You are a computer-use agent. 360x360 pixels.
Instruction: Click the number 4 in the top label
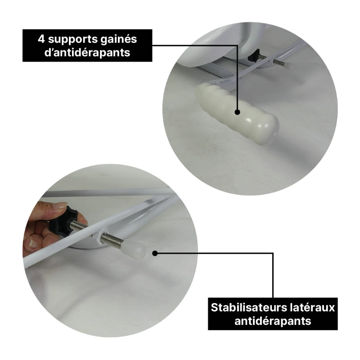pyautogui.click(x=41, y=39)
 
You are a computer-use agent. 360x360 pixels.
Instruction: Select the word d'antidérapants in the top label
pyautogui.click(x=87, y=53)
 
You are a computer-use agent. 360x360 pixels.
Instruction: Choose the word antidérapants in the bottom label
pyautogui.click(x=273, y=321)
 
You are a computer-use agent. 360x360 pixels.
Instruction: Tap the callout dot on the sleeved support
pyautogui.click(x=238, y=112)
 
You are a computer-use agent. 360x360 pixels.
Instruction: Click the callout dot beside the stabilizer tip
pyautogui.click(x=155, y=253)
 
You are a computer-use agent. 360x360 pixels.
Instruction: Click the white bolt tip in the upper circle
pyautogui.click(x=290, y=67)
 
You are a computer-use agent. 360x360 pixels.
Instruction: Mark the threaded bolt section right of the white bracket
pyautogui.click(x=112, y=240)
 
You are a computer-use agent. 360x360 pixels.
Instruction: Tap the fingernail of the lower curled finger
pyautogui.click(x=33, y=243)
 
